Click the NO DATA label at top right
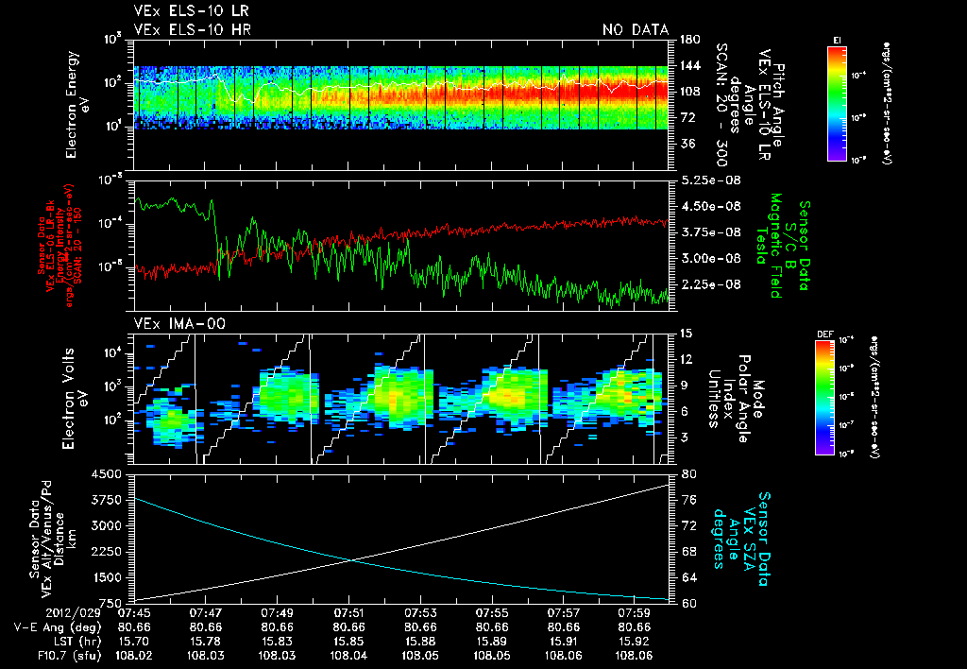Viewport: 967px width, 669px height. (636, 30)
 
